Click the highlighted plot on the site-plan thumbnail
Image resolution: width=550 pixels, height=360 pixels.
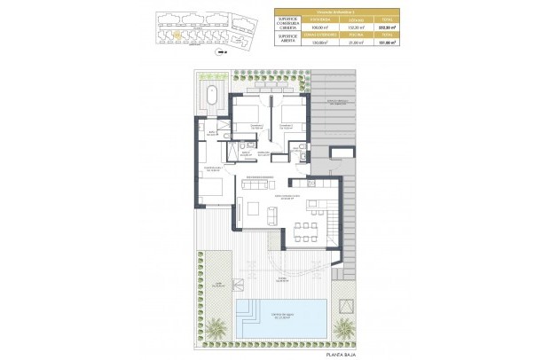(177, 35)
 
